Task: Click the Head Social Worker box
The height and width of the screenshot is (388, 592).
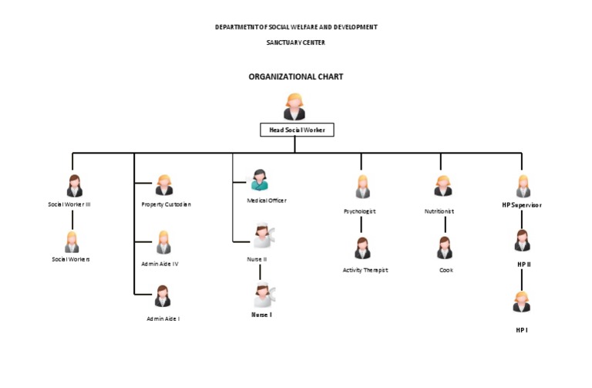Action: pos(297,130)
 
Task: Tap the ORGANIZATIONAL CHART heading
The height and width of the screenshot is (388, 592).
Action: pos(295,77)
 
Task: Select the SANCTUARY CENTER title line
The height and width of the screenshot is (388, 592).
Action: pos(295,42)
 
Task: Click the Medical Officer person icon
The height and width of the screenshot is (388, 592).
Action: pos(260,181)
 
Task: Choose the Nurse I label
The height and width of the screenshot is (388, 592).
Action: pos(262,315)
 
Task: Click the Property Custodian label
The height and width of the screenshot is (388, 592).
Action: pos(166,204)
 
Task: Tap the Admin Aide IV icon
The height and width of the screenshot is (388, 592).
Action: pos(163,242)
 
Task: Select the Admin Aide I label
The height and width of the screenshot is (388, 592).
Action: pos(163,319)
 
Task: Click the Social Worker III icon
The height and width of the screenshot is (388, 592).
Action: pos(75,186)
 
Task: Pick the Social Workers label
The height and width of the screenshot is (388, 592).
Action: pos(71,259)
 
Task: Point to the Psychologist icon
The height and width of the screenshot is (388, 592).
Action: pos(362,187)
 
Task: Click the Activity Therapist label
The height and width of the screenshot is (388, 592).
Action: pos(365,270)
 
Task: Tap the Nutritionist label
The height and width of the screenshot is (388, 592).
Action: pos(439,211)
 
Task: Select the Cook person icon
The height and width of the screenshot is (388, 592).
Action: pos(445,248)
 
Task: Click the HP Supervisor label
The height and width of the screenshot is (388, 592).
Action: pos(522,205)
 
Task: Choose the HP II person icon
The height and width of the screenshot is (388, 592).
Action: pos(522,241)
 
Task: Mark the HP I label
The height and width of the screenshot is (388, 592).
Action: pos(522,330)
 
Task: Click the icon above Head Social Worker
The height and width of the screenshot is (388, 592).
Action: pos(294,106)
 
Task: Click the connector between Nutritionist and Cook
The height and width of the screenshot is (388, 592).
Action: pos(445,224)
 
